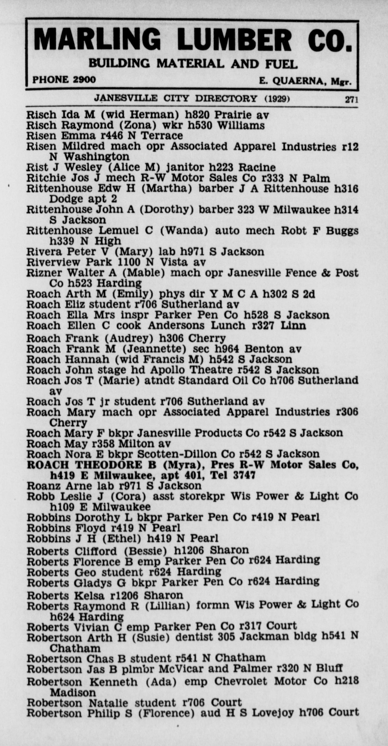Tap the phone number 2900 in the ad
pos(84,80)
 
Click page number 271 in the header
pos(351,100)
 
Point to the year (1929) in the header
pos(277,99)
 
